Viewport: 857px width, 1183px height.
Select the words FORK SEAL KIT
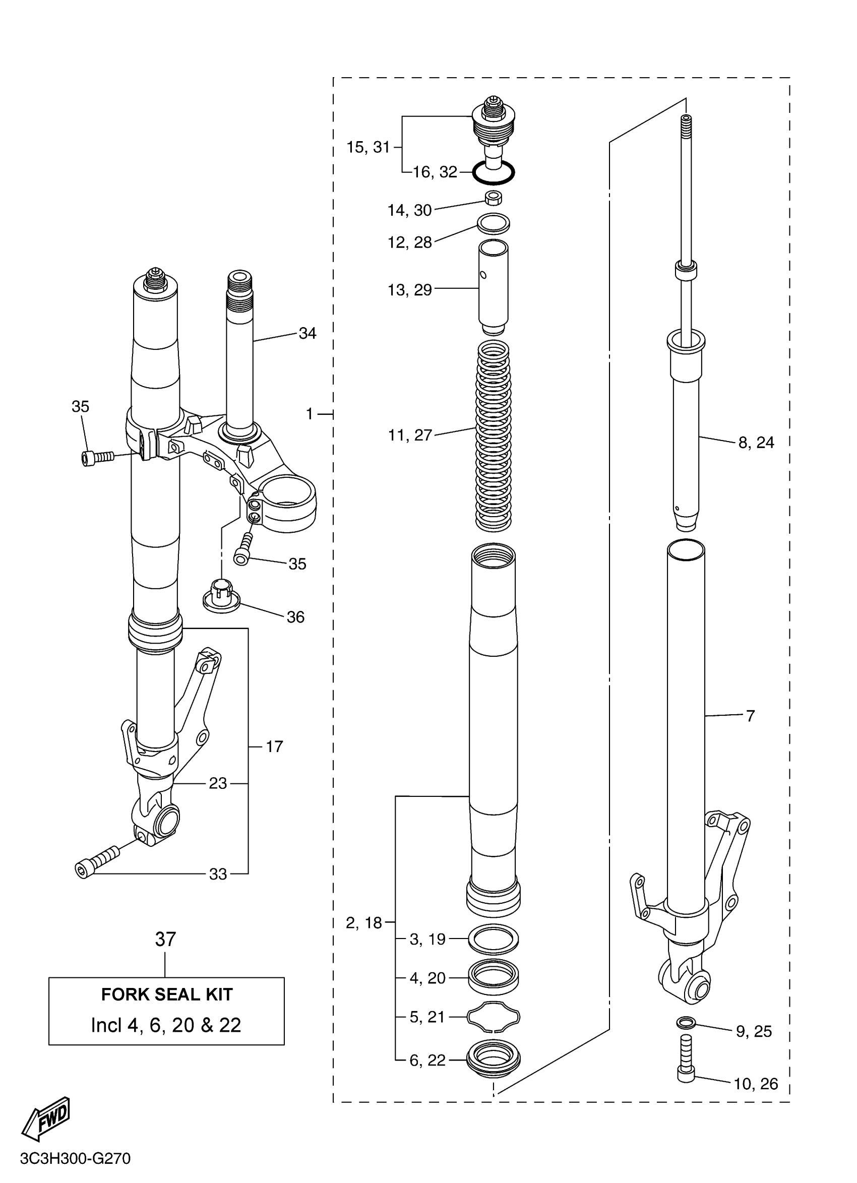(x=166, y=994)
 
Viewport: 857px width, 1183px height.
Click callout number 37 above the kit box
(x=165, y=940)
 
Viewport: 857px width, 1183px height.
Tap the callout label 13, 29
(x=409, y=290)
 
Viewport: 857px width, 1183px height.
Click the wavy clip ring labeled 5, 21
(x=494, y=1017)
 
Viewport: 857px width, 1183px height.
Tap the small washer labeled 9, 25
(x=685, y=1023)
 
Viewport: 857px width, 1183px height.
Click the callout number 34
(x=307, y=333)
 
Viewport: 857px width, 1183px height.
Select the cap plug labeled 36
(x=221, y=596)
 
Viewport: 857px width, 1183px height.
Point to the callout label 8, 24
(x=756, y=443)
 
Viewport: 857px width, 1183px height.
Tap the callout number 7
(x=750, y=716)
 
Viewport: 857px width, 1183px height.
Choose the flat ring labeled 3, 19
(x=494, y=939)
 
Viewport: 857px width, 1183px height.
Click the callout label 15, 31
(x=368, y=148)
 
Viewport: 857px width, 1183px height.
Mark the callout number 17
(x=274, y=746)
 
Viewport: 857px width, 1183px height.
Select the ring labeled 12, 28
(x=494, y=223)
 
